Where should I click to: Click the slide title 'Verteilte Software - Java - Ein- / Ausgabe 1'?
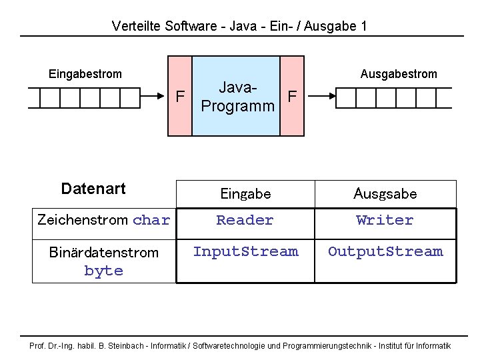(239, 26)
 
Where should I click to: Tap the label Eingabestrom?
(85, 74)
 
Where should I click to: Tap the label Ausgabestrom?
(399, 74)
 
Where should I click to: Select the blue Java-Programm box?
(237, 97)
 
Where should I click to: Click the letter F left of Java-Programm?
(180, 97)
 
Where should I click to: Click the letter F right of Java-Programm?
(292, 97)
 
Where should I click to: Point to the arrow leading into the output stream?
(327, 97)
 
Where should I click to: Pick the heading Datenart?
(93, 189)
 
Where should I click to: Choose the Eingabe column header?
(245, 194)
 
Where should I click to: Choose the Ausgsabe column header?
(385, 194)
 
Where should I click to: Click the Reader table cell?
(245, 221)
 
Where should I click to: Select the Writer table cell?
(385, 221)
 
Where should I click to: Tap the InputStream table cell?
(245, 252)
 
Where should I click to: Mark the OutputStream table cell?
(385, 252)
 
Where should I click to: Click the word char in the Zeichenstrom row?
(151, 221)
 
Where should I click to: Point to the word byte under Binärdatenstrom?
(104, 271)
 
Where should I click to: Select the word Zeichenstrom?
(83, 220)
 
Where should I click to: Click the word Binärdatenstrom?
(104, 253)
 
